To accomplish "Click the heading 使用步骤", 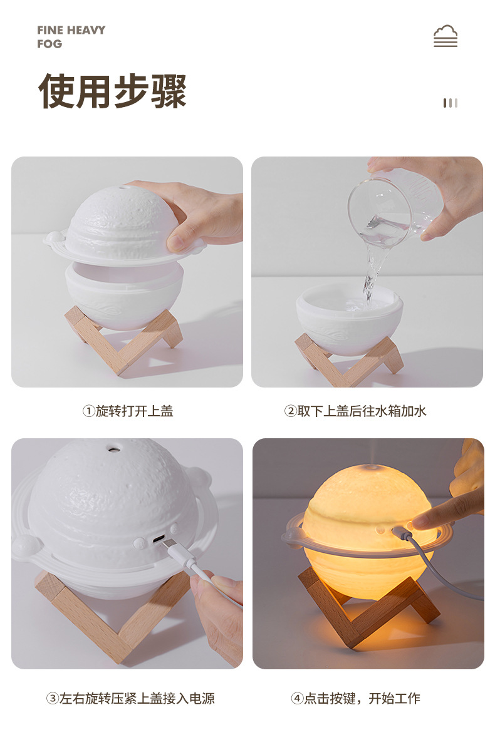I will [x=113, y=91].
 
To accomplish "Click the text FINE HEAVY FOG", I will [x=71, y=37].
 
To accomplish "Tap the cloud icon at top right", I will [x=445, y=36].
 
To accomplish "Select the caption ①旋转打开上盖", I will [x=128, y=411].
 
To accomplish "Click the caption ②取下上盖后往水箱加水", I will [x=355, y=411].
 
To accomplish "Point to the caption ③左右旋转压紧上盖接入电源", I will [x=130, y=698].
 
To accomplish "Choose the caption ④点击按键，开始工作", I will [x=355, y=698].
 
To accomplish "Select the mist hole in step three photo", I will [x=114, y=450].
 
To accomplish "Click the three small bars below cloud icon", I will [x=451, y=103].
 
